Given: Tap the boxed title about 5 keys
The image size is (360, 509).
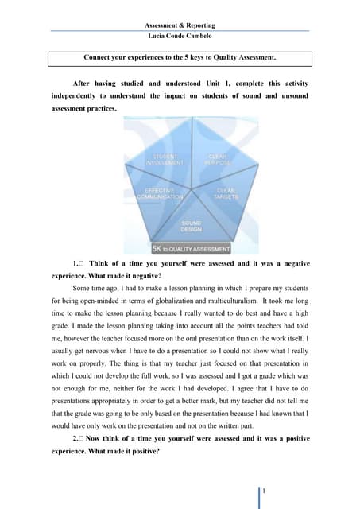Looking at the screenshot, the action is pyautogui.click(x=180, y=58).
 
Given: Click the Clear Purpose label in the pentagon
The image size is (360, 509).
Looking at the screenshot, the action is pyautogui.click(x=218, y=159).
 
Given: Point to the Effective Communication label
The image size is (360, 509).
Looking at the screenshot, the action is pyautogui.click(x=160, y=193).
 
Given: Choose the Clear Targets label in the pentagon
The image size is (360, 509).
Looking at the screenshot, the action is pyautogui.click(x=226, y=193).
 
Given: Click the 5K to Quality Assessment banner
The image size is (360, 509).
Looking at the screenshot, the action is pyautogui.click(x=191, y=248).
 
